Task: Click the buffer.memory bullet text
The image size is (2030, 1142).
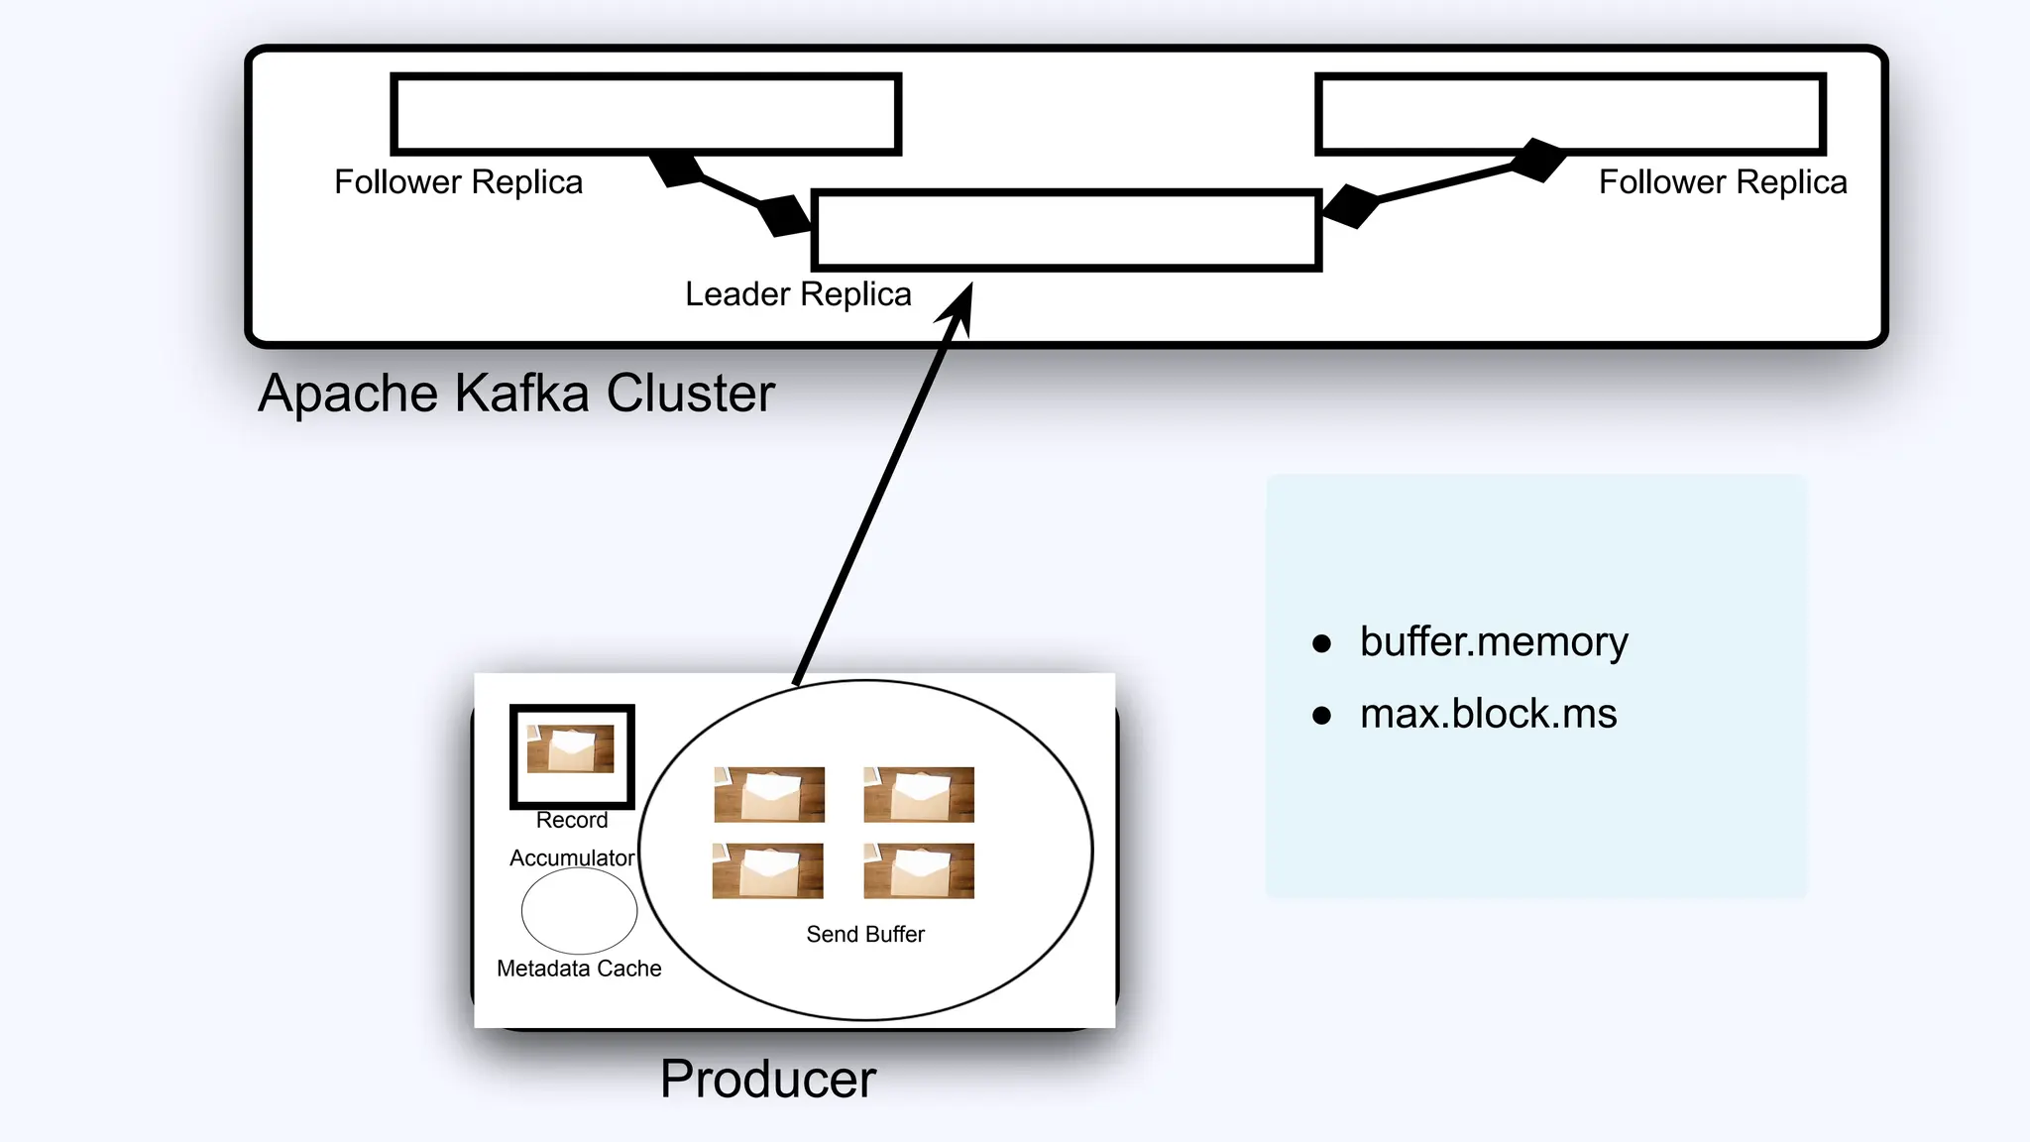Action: click(1493, 642)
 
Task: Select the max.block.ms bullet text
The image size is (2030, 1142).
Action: click(1488, 714)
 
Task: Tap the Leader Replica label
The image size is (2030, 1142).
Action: click(798, 294)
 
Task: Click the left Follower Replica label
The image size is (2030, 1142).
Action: click(458, 182)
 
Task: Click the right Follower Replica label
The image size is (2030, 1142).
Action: click(1723, 182)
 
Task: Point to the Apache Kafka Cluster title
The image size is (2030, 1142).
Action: click(515, 394)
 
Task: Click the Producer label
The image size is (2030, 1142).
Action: click(768, 1079)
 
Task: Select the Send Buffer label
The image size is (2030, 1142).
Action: click(865, 934)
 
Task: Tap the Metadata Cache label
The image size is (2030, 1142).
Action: click(579, 969)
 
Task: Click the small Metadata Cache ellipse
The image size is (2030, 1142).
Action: click(579, 910)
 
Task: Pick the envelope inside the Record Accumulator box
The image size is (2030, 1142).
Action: click(570, 748)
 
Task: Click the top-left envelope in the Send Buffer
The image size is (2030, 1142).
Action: click(769, 794)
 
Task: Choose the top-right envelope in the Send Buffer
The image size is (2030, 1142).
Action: click(919, 794)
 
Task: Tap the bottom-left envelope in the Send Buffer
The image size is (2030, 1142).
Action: click(768, 870)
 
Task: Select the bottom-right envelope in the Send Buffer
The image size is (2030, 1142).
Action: click(919, 870)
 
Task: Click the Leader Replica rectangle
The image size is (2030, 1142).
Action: click(1067, 230)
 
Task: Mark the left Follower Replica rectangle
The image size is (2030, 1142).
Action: click(645, 114)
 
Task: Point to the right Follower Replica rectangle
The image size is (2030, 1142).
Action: click(1570, 114)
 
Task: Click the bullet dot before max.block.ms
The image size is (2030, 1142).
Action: click(1321, 716)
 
